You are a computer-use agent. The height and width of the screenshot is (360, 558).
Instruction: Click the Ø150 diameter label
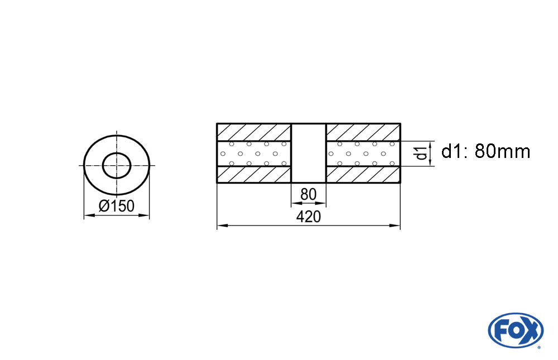(x=117, y=206)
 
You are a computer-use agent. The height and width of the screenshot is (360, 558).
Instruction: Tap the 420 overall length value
(x=309, y=217)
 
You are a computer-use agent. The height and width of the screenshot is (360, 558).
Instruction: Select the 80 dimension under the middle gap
(x=308, y=194)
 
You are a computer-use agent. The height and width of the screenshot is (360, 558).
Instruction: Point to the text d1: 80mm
(x=486, y=152)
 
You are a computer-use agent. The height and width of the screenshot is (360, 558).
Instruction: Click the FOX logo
(x=516, y=330)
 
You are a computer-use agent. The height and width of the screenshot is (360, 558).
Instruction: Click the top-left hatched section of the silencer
(x=254, y=132)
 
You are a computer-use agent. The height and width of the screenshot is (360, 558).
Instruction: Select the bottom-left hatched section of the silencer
(x=254, y=175)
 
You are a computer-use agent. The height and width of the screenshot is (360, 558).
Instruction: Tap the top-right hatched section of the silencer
(x=363, y=132)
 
